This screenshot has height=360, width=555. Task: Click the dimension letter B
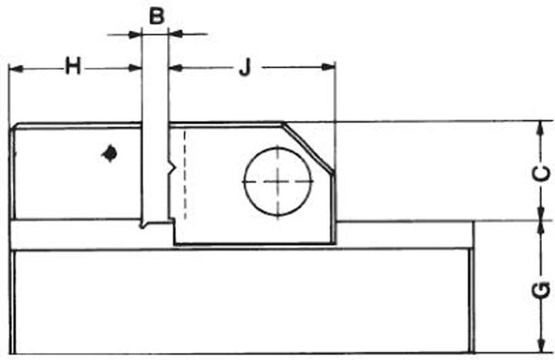click(x=156, y=15)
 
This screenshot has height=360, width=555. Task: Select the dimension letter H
click(x=73, y=67)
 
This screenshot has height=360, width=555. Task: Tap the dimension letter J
click(x=244, y=68)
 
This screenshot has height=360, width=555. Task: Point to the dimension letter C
click(x=543, y=173)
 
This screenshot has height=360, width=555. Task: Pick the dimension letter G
click(x=543, y=290)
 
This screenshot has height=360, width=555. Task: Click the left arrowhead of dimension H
click(x=16, y=68)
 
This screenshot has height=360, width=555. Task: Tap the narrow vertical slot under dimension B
click(x=156, y=177)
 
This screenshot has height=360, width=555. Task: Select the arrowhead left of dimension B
click(x=136, y=34)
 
